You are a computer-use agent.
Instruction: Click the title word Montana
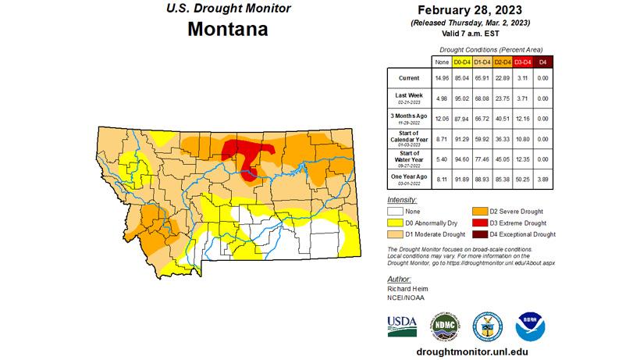(227, 30)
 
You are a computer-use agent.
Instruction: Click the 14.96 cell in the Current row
(441, 79)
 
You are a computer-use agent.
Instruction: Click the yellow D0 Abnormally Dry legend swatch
(396, 223)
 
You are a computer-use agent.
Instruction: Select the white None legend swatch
(396, 211)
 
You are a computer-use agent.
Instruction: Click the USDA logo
(402, 324)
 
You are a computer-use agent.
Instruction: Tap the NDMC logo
(444, 325)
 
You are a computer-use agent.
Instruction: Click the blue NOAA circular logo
(531, 325)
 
